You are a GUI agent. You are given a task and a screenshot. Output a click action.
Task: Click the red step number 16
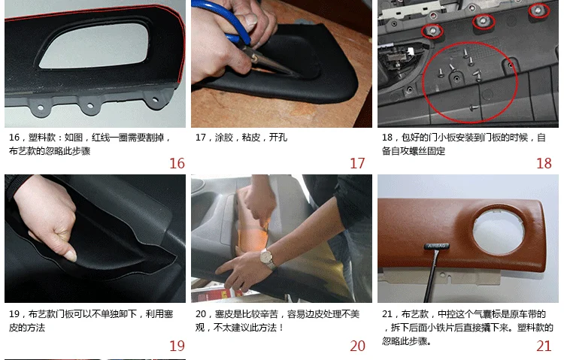click(177, 163)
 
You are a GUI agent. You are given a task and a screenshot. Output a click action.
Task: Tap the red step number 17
click(357, 163)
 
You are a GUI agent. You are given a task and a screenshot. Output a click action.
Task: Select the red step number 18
click(544, 163)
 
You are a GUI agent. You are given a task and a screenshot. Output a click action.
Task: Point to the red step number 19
click(177, 346)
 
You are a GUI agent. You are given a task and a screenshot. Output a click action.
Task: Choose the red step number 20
click(357, 346)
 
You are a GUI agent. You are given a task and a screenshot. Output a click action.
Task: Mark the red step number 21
click(544, 346)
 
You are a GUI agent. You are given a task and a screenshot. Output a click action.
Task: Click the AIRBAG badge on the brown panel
click(437, 247)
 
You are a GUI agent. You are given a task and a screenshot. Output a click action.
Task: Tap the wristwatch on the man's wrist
click(268, 259)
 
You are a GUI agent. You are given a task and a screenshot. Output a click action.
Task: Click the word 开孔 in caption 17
click(278, 138)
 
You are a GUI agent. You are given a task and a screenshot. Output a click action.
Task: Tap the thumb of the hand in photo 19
click(68, 248)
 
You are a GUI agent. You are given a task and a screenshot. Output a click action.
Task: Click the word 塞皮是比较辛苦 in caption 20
click(247, 314)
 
